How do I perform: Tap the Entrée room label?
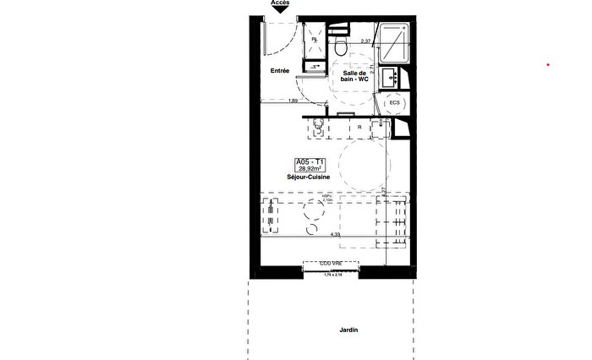click(x=280, y=71)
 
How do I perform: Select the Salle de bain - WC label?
click(x=354, y=76)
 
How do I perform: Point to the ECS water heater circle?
click(x=395, y=102)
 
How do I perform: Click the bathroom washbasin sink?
click(x=392, y=78)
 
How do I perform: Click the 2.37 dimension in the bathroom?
click(x=367, y=41)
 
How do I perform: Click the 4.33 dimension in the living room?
click(x=335, y=234)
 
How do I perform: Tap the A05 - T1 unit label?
click(x=310, y=161)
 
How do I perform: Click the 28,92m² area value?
click(x=310, y=169)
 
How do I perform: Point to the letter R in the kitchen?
click(x=360, y=127)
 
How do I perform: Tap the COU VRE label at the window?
click(x=330, y=264)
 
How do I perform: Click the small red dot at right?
click(x=548, y=64)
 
